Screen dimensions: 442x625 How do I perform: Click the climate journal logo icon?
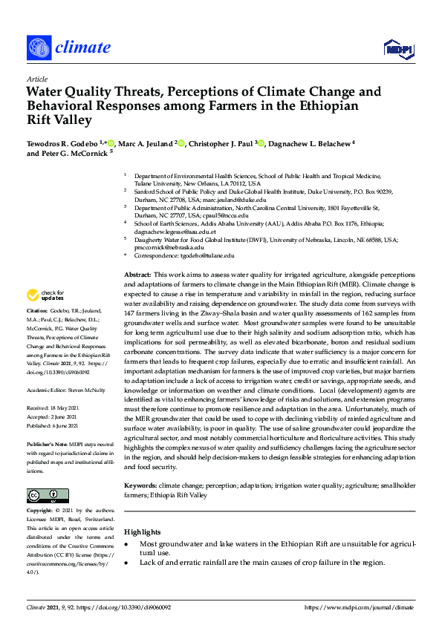point(38,49)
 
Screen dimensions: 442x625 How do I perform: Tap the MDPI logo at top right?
point(397,49)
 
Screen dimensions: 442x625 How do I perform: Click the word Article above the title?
point(36,79)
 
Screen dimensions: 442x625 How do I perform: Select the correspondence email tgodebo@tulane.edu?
point(202,255)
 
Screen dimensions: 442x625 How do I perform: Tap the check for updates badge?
point(44,296)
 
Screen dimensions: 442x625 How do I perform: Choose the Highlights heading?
point(142,531)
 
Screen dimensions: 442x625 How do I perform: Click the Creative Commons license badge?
point(42,496)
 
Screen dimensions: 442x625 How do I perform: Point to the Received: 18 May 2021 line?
point(57,408)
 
